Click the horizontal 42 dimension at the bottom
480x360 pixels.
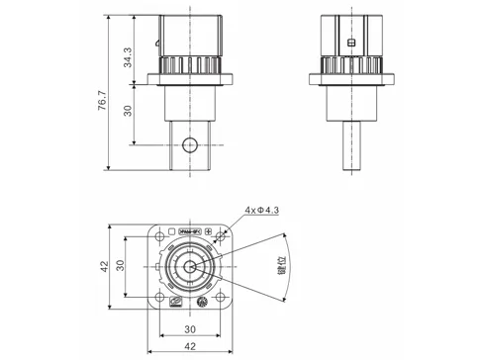click(188, 346)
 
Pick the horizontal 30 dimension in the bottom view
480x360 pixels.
click(188, 328)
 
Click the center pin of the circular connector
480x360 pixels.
click(188, 267)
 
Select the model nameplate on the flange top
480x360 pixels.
click(187, 232)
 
